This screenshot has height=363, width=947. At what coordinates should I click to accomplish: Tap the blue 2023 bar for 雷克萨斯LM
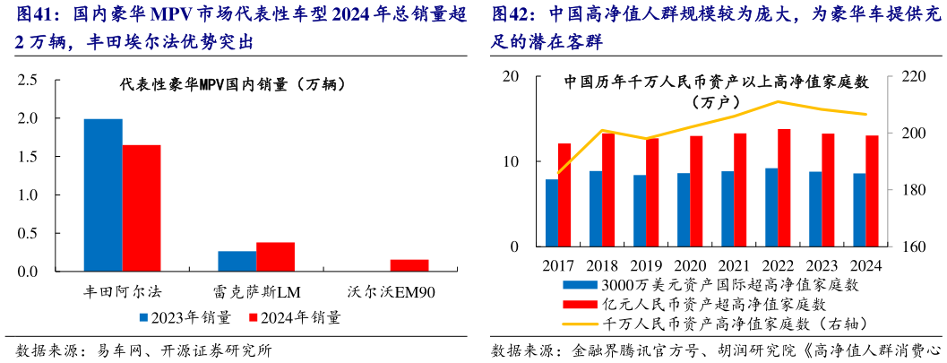coord(237,261)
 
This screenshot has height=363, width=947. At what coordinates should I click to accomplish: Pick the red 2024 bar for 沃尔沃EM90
coord(409,265)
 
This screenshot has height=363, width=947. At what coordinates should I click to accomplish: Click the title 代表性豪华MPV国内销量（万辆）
coord(235,85)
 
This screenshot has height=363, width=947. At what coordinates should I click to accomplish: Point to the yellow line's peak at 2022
coord(778,101)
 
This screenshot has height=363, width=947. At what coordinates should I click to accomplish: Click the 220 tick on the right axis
coord(906,76)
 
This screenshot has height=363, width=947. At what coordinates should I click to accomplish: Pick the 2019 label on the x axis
coord(646,265)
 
